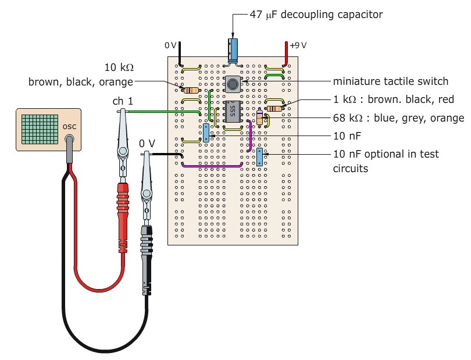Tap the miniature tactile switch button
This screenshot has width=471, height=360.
(x=233, y=85)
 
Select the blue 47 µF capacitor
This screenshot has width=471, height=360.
(x=233, y=49)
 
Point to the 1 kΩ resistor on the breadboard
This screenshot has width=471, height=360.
(x=274, y=108)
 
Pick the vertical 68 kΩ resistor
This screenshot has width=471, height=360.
(x=259, y=119)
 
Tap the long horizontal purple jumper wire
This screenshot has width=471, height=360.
(x=212, y=166)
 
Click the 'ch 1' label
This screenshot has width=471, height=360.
(x=123, y=101)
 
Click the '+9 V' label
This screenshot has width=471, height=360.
(x=298, y=45)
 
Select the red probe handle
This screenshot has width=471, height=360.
(x=123, y=198)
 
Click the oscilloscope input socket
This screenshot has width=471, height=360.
(x=69, y=140)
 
